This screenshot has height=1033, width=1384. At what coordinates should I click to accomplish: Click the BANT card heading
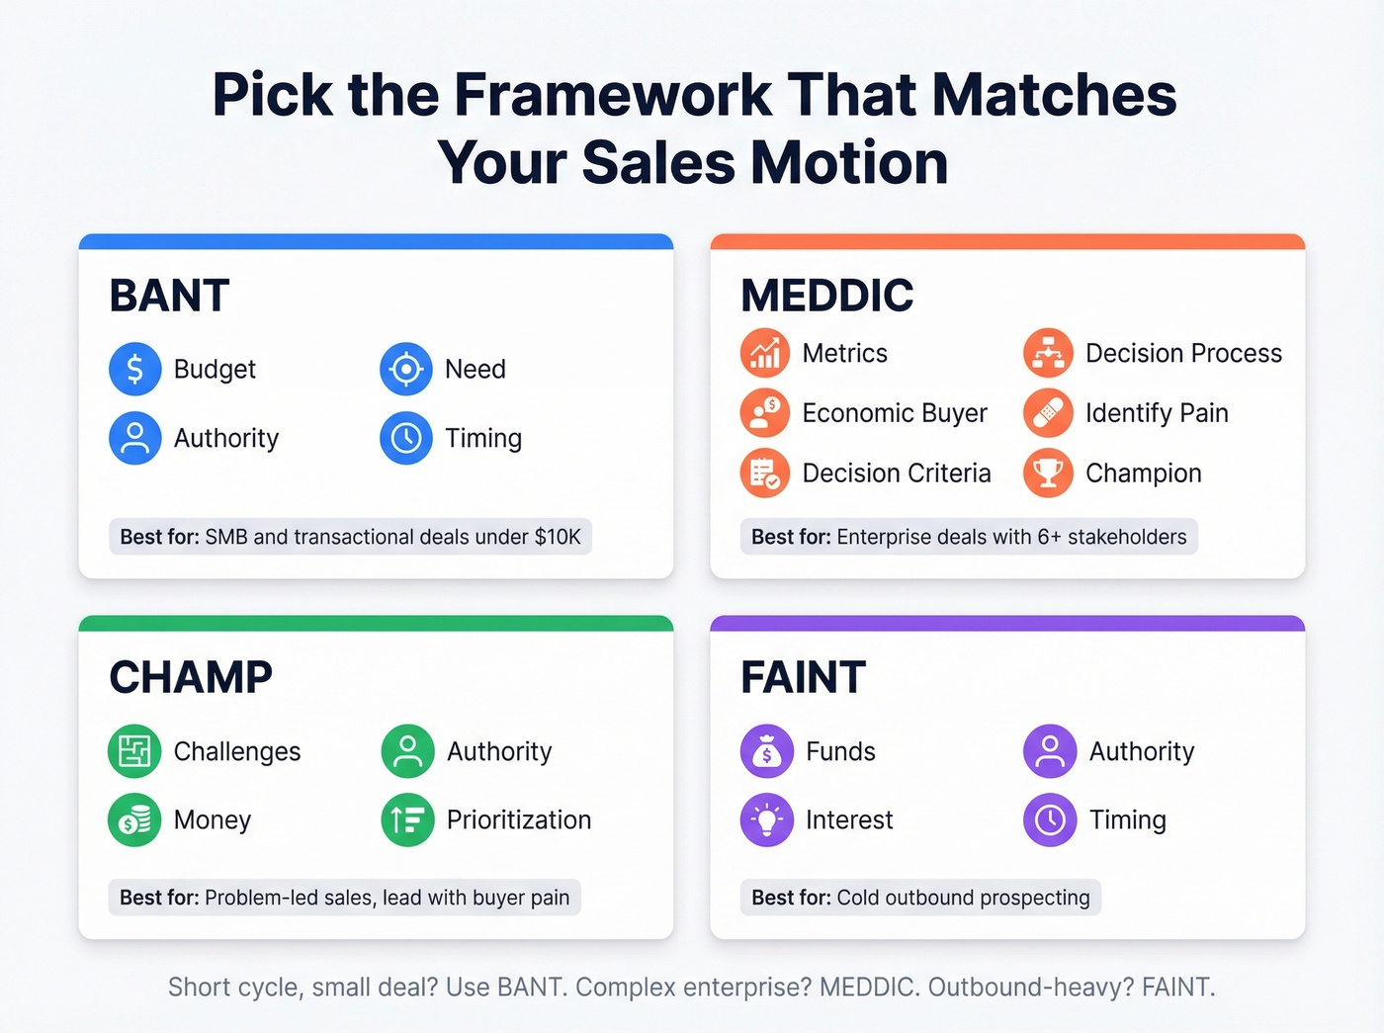pos(169,296)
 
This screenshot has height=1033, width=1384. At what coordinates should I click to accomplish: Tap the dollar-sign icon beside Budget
pos(135,369)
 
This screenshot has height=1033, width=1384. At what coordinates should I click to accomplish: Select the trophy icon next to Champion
pos(1048,473)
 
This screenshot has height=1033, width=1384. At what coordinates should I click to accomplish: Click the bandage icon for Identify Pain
pos(1048,413)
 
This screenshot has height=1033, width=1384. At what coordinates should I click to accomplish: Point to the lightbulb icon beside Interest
pos(766,819)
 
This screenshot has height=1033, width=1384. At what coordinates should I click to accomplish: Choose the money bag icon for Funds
pos(766,751)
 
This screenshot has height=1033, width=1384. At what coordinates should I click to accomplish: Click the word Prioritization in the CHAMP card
pos(519,819)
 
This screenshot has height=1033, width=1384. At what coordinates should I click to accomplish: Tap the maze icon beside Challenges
pos(134,751)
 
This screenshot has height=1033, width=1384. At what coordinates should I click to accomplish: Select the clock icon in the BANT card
pos(406,438)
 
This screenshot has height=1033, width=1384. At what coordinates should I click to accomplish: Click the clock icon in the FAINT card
pos(1050,819)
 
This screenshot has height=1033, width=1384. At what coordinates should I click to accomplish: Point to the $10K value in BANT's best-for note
pos(558,537)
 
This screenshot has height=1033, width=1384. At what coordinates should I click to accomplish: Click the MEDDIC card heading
pos(827,296)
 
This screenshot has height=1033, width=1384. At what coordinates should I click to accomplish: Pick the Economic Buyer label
pos(895,413)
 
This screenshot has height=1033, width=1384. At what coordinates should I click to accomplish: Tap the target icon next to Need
pos(406,369)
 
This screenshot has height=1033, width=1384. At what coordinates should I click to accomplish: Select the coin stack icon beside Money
pos(134,819)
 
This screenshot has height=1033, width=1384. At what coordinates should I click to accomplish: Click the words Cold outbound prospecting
pos(963,898)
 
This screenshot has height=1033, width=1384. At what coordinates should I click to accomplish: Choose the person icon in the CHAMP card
pos(407,751)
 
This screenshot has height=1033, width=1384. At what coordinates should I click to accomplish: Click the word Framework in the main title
pos(612,95)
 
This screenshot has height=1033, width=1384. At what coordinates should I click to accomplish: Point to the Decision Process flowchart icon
pos(1048,353)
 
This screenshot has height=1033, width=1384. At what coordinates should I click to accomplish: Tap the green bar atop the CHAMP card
pos(376,624)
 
